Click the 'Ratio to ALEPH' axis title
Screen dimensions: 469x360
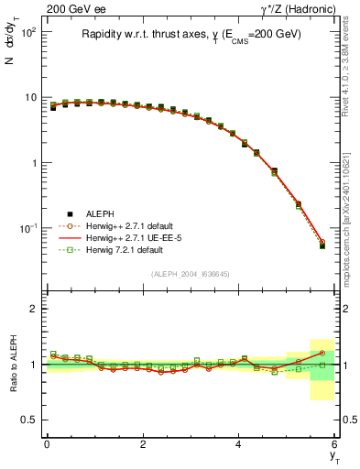click(x=13, y=364)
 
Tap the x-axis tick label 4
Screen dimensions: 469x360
click(x=239, y=444)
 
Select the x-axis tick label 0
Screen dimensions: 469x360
click(x=47, y=444)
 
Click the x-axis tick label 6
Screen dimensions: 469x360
click(x=335, y=444)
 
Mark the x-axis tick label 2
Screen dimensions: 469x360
click(x=143, y=444)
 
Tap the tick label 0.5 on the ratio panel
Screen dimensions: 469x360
click(x=29, y=420)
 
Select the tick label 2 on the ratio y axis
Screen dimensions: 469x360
click(x=34, y=309)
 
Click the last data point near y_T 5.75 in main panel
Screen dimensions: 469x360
click(x=322, y=245)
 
